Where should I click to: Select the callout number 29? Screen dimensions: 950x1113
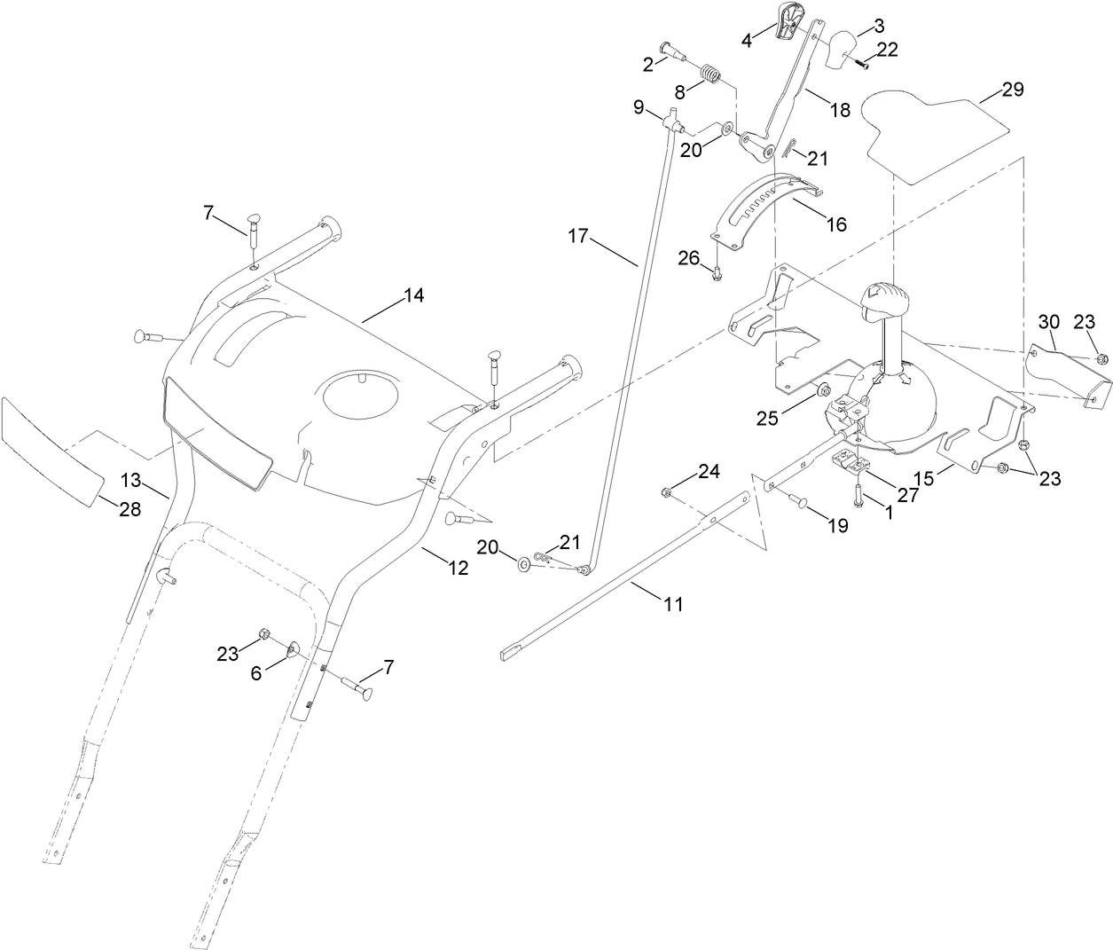pos(1013,90)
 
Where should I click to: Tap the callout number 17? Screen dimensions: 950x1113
pos(579,236)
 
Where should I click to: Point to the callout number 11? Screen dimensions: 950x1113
pos(674,604)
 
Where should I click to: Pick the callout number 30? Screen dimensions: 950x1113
pos(1049,320)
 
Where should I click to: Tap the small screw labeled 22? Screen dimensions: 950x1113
pos(861,62)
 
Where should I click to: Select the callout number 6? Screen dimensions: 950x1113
pos(256,673)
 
